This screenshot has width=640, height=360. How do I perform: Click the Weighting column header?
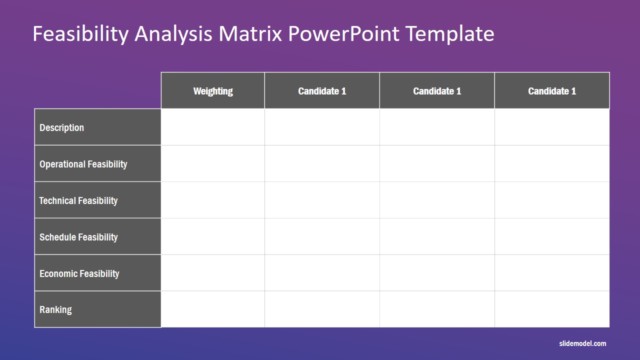click(x=213, y=91)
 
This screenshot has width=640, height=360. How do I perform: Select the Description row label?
click(x=61, y=127)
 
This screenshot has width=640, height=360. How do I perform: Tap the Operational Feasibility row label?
click(x=83, y=164)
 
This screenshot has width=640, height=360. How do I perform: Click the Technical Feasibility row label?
click(x=78, y=200)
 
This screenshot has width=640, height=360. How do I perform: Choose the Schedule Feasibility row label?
click(x=78, y=237)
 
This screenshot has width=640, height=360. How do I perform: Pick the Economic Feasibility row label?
click(x=79, y=273)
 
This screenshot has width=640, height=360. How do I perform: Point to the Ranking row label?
click(x=55, y=309)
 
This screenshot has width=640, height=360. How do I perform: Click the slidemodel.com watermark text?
click(x=582, y=343)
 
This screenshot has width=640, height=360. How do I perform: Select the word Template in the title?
click(x=449, y=33)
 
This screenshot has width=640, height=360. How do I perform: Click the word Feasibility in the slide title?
click(x=80, y=33)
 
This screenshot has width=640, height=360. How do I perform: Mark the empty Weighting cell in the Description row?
click(x=213, y=127)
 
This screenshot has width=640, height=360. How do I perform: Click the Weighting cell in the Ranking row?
click(x=213, y=309)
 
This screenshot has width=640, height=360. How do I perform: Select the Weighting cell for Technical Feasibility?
click(x=213, y=200)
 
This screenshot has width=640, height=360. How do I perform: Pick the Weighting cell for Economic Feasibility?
click(x=213, y=273)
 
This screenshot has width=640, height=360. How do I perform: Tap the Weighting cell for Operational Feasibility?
click(x=213, y=163)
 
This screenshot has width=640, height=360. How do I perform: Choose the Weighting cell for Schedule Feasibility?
click(x=213, y=236)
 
